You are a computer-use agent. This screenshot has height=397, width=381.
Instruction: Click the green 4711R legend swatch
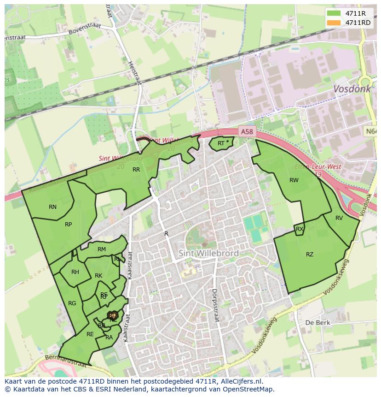coord(334,13)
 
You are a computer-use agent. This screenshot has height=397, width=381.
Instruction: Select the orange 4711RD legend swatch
coord(334,23)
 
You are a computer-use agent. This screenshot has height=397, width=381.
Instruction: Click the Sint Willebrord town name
coord(208,254)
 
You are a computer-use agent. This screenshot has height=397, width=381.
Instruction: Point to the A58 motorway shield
coord(247,132)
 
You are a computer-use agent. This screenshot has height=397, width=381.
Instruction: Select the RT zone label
coord(221,143)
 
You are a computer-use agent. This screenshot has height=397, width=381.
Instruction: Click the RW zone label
coord(294,180)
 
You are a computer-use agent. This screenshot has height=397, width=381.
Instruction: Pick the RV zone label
coord(339,218)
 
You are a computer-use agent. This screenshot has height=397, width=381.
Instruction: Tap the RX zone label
coord(300,229)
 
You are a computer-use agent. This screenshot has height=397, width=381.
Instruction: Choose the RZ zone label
coord(310,255)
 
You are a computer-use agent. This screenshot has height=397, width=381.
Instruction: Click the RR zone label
coord(136,170)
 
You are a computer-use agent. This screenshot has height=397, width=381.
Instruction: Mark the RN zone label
coord(53,207)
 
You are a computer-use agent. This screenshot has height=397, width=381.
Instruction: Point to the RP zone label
coord(68,225)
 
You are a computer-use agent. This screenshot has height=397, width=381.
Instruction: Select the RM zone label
coord(102,249)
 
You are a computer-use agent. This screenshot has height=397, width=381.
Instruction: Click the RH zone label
coord(75,272)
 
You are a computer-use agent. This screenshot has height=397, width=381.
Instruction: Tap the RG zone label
coord(72,303)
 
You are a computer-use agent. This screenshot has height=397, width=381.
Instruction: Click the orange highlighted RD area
coord(112,315)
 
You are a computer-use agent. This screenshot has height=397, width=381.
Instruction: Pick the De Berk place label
coord(316,323)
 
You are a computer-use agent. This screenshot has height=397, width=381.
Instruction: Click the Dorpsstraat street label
coord(214,305)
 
